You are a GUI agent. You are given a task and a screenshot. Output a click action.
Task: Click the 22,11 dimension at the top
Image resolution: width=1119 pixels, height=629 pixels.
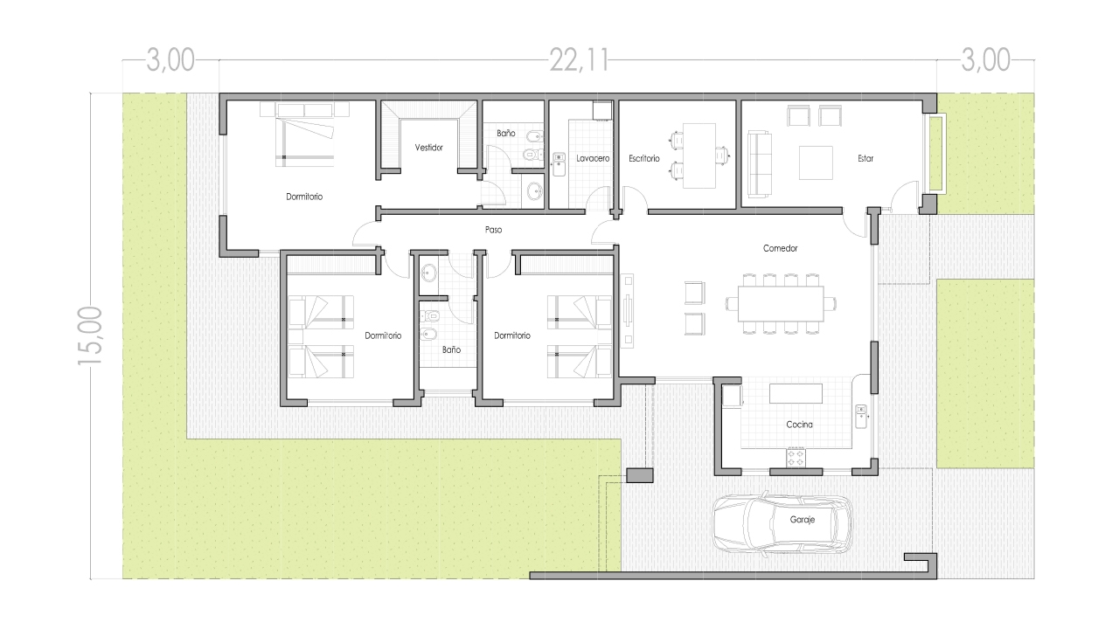(580, 60)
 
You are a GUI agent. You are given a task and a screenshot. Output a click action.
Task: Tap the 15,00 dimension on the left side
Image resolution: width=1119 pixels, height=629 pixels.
(90, 336)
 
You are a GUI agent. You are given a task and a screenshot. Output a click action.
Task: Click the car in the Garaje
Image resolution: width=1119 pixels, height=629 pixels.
(783, 523)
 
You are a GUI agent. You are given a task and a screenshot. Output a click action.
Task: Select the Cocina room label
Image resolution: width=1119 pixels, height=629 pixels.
(799, 425)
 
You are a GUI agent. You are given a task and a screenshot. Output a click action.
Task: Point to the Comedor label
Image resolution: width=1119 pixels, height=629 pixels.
(781, 248)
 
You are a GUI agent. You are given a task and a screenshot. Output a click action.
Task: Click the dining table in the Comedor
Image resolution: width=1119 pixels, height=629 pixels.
(781, 303)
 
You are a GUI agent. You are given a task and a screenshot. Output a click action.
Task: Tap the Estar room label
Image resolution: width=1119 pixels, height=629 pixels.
(865, 158)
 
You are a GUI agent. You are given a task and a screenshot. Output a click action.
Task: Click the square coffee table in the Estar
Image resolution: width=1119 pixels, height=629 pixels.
(816, 162)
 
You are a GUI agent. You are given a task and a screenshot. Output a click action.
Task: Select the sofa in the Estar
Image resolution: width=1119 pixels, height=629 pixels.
(760, 163)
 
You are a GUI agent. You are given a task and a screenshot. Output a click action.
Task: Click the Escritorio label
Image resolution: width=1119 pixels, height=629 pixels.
(644, 158)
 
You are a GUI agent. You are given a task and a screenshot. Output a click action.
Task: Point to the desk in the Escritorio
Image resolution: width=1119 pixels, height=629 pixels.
(699, 156)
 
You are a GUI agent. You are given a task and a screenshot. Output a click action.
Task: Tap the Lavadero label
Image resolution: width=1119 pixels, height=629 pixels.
(593, 158)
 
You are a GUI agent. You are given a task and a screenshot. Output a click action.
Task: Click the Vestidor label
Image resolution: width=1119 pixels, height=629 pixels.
(428, 148)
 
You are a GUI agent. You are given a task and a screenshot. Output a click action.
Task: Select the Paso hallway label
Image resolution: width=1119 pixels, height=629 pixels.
(494, 230)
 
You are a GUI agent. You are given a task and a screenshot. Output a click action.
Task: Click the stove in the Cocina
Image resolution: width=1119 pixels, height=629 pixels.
(796, 458)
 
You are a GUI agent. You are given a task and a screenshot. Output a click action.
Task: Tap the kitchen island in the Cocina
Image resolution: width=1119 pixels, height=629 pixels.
(796, 393)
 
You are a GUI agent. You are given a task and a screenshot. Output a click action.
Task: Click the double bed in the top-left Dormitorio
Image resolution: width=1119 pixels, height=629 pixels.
(305, 135)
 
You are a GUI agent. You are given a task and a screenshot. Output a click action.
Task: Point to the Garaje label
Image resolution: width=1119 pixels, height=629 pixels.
(803, 520)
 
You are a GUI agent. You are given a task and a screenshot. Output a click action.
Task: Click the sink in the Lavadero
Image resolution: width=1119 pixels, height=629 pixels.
(559, 164)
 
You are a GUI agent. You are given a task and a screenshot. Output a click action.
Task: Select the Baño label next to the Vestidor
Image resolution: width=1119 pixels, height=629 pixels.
(505, 134)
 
